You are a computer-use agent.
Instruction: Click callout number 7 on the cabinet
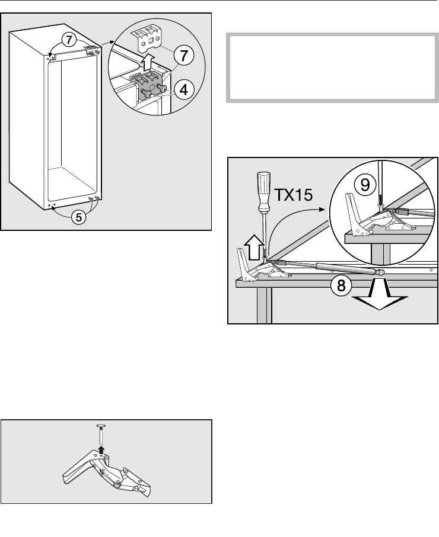(69, 40)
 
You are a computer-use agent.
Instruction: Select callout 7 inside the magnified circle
(184, 56)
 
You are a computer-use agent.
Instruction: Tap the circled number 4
(184, 90)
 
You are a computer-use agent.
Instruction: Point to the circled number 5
(78, 217)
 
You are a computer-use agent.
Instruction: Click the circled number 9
(365, 185)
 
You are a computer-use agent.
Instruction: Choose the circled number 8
(341, 285)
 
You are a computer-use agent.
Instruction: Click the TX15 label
(294, 195)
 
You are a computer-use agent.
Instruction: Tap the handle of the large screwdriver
(263, 192)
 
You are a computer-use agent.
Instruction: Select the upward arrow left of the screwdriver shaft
(255, 247)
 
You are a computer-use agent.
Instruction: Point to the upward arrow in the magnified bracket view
(147, 63)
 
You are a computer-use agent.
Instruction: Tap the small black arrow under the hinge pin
(101, 449)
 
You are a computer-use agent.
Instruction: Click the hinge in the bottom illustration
(106, 472)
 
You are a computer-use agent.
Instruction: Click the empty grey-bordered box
(332, 68)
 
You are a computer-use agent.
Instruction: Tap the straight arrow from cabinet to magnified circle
(107, 43)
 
